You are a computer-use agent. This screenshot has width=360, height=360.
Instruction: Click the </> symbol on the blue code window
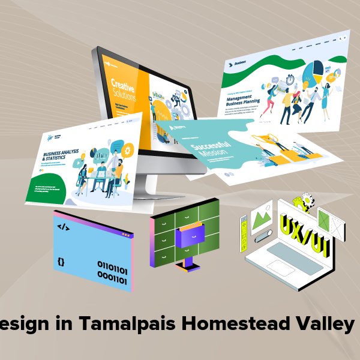(62, 227)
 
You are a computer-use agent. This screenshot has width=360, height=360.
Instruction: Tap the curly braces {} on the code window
(62, 262)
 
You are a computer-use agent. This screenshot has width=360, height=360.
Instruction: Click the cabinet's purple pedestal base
(188, 264)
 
